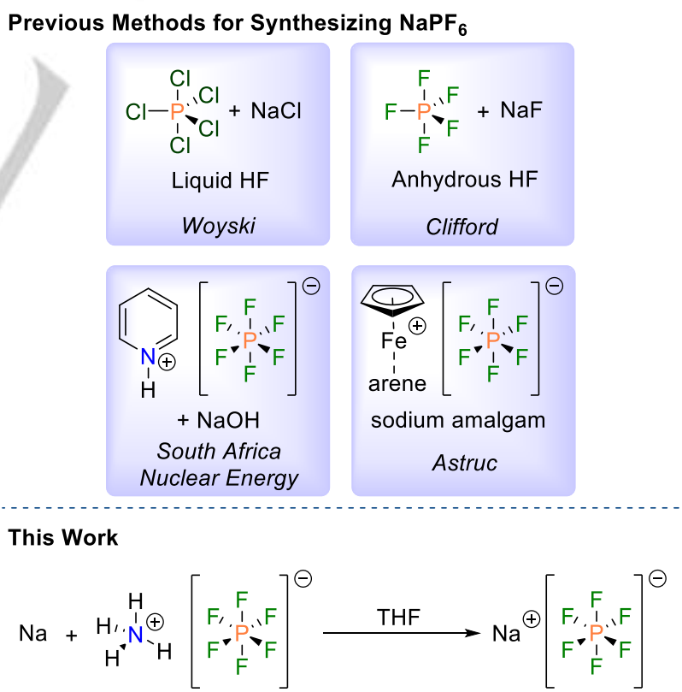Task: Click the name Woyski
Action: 217,226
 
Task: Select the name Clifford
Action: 462,226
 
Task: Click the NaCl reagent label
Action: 277,110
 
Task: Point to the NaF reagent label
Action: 522,110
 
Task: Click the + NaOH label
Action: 217,422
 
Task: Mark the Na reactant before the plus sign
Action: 32,634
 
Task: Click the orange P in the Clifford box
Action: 424,111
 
